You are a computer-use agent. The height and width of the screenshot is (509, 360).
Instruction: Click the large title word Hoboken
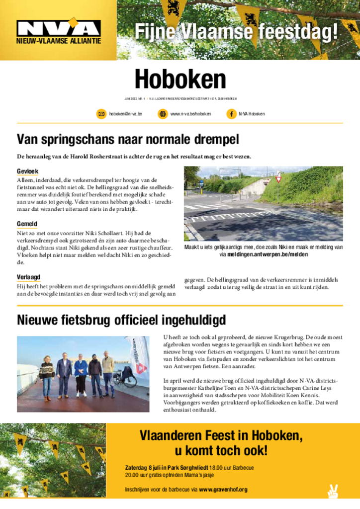pos(180,79)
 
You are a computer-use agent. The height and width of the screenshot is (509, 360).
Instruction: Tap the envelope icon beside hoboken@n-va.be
pos(101,114)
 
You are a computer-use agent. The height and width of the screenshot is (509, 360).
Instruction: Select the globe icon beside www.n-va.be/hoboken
pos(163,114)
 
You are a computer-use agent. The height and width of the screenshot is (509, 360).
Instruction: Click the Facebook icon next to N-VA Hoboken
pos(231,114)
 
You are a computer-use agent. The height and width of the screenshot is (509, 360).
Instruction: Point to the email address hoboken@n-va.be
pos(126,114)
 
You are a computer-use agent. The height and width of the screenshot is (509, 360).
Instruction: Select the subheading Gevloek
pos(27,171)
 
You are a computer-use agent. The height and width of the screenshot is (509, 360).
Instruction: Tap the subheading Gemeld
pos(27,224)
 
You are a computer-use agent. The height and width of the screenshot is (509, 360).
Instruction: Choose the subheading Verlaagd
pos(28,277)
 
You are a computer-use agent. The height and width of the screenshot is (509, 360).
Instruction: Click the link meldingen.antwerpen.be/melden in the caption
pos(268,254)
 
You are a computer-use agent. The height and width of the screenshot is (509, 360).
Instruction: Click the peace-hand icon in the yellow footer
pos(333,491)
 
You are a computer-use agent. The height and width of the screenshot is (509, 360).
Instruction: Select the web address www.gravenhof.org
pos(223,490)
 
